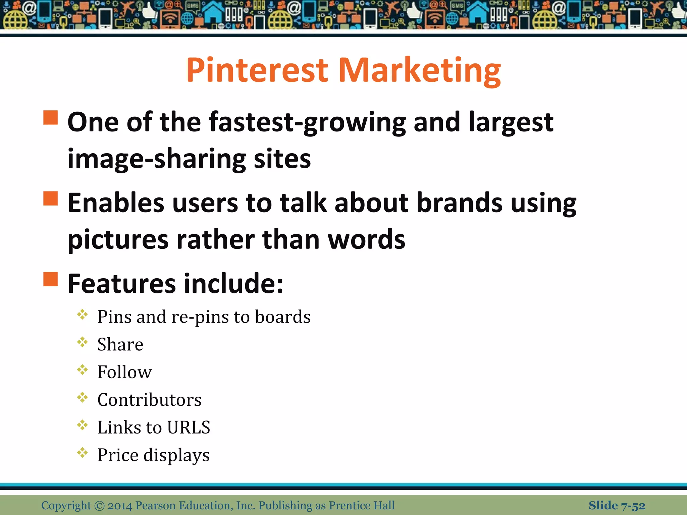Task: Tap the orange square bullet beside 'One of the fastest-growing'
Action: [51, 118]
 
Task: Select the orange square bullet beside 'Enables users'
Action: [51, 198]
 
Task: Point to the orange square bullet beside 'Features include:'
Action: [51, 279]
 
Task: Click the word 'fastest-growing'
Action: [307, 123]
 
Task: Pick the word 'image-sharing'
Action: [156, 159]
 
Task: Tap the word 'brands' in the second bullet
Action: [459, 203]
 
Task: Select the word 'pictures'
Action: [118, 240]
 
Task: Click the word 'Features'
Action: [121, 284]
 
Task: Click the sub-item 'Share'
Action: [120, 344]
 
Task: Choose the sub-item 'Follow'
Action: [124, 372]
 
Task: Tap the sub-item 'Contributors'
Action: [149, 400]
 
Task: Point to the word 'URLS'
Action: [189, 427]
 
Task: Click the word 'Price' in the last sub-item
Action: [118, 455]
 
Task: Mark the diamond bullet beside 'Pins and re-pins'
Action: [82, 315]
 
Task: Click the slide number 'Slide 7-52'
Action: [617, 505]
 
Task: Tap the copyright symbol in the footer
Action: [99, 506]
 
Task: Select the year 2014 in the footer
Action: [120, 506]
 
